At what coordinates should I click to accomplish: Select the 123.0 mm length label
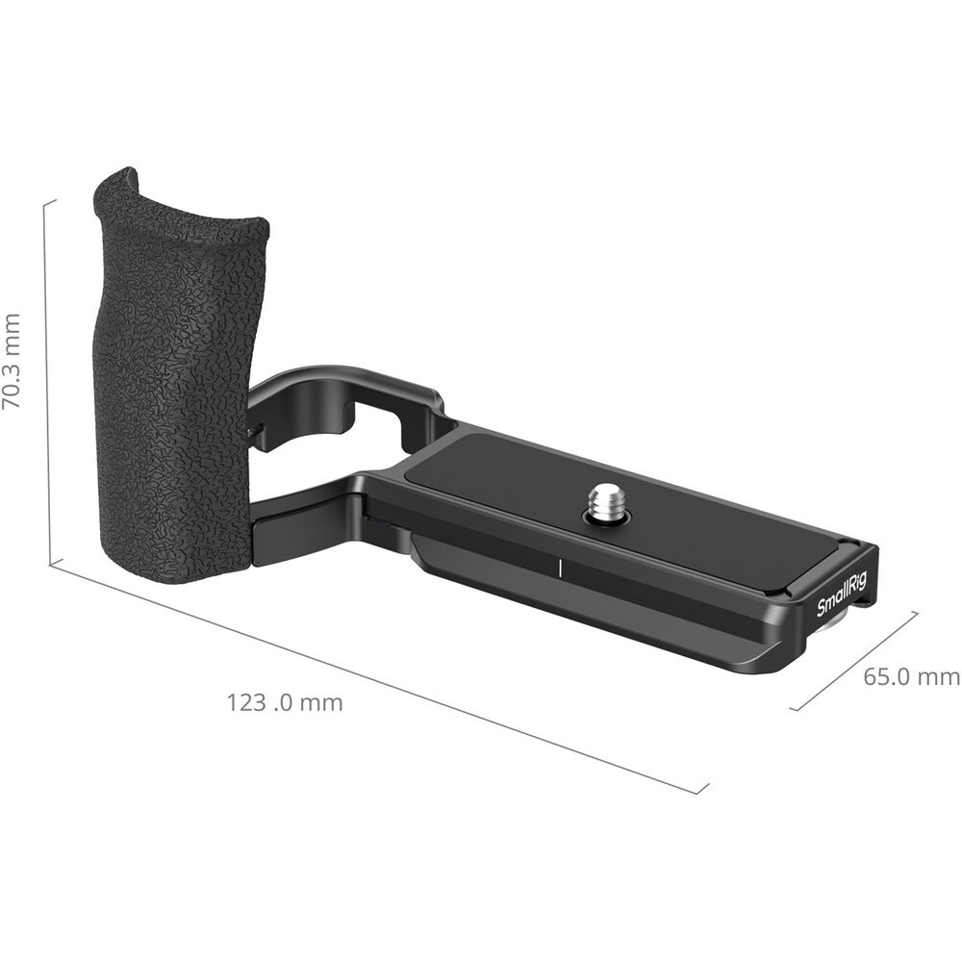(285, 702)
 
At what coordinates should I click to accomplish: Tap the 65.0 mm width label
(912, 676)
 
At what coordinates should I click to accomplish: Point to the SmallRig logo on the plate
(842, 595)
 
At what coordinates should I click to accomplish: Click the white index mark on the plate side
(560, 568)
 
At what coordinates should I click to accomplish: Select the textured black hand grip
(175, 374)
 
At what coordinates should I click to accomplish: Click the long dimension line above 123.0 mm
(378, 676)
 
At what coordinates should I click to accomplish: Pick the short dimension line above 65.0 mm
(854, 661)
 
